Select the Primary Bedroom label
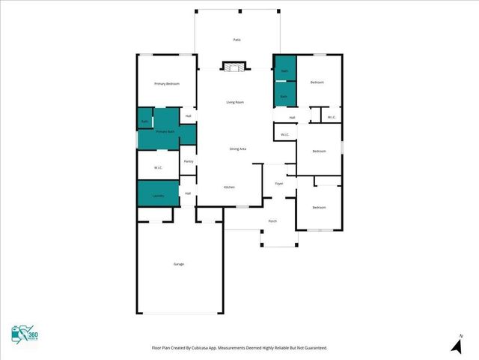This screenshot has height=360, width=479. (x=166, y=83)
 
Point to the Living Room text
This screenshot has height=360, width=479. (x=235, y=102)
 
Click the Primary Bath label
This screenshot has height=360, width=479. (x=165, y=131)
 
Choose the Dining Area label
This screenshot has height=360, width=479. (x=238, y=149)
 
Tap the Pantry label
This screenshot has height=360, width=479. (x=189, y=161)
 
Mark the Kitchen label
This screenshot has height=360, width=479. (x=230, y=187)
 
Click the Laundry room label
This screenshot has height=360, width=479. (x=158, y=196)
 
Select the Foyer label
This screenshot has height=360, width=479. (x=278, y=183)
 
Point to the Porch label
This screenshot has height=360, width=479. (x=272, y=221)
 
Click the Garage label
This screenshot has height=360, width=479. (x=179, y=264)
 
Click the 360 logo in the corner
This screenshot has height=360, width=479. (x=25, y=336)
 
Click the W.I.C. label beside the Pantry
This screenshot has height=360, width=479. (x=159, y=167)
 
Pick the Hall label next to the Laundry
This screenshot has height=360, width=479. (x=188, y=193)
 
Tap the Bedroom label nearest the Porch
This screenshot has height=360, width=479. (x=319, y=207)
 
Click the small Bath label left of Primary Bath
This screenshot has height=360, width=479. (x=144, y=121)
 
